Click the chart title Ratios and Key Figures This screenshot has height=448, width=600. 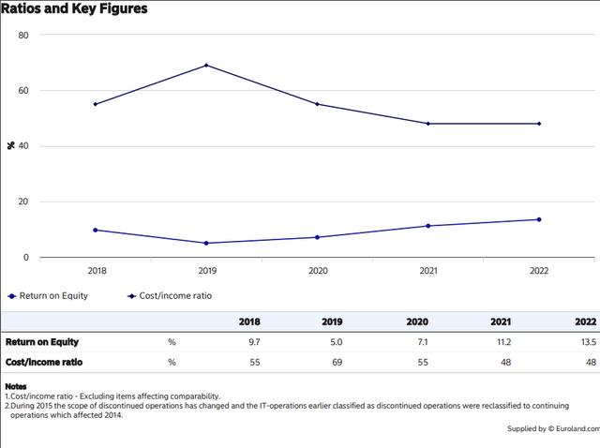pyautogui.click(x=76, y=9)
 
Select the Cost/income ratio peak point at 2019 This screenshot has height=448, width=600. pyautogui.click(x=206, y=65)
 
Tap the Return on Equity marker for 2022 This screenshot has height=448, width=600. pyautogui.click(x=539, y=219)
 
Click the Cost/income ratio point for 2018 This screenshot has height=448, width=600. pyautogui.click(x=96, y=104)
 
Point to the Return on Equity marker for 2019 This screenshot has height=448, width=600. pyautogui.click(x=206, y=243)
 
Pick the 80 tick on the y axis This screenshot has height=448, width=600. pyautogui.click(x=23, y=36)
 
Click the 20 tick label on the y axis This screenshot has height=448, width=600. pyautogui.click(x=23, y=202)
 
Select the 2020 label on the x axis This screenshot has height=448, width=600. pyautogui.click(x=317, y=271)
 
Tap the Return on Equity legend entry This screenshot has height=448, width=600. pyautogui.click(x=46, y=295)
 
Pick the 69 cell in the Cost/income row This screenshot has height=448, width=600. pyautogui.click(x=337, y=361)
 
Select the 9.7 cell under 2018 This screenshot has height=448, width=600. pyautogui.click(x=253, y=342)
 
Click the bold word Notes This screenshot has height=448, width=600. pyautogui.click(x=16, y=386)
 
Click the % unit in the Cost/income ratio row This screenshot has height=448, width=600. pyautogui.click(x=172, y=361)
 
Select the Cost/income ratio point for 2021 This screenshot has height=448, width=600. pyautogui.click(x=428, y=124)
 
